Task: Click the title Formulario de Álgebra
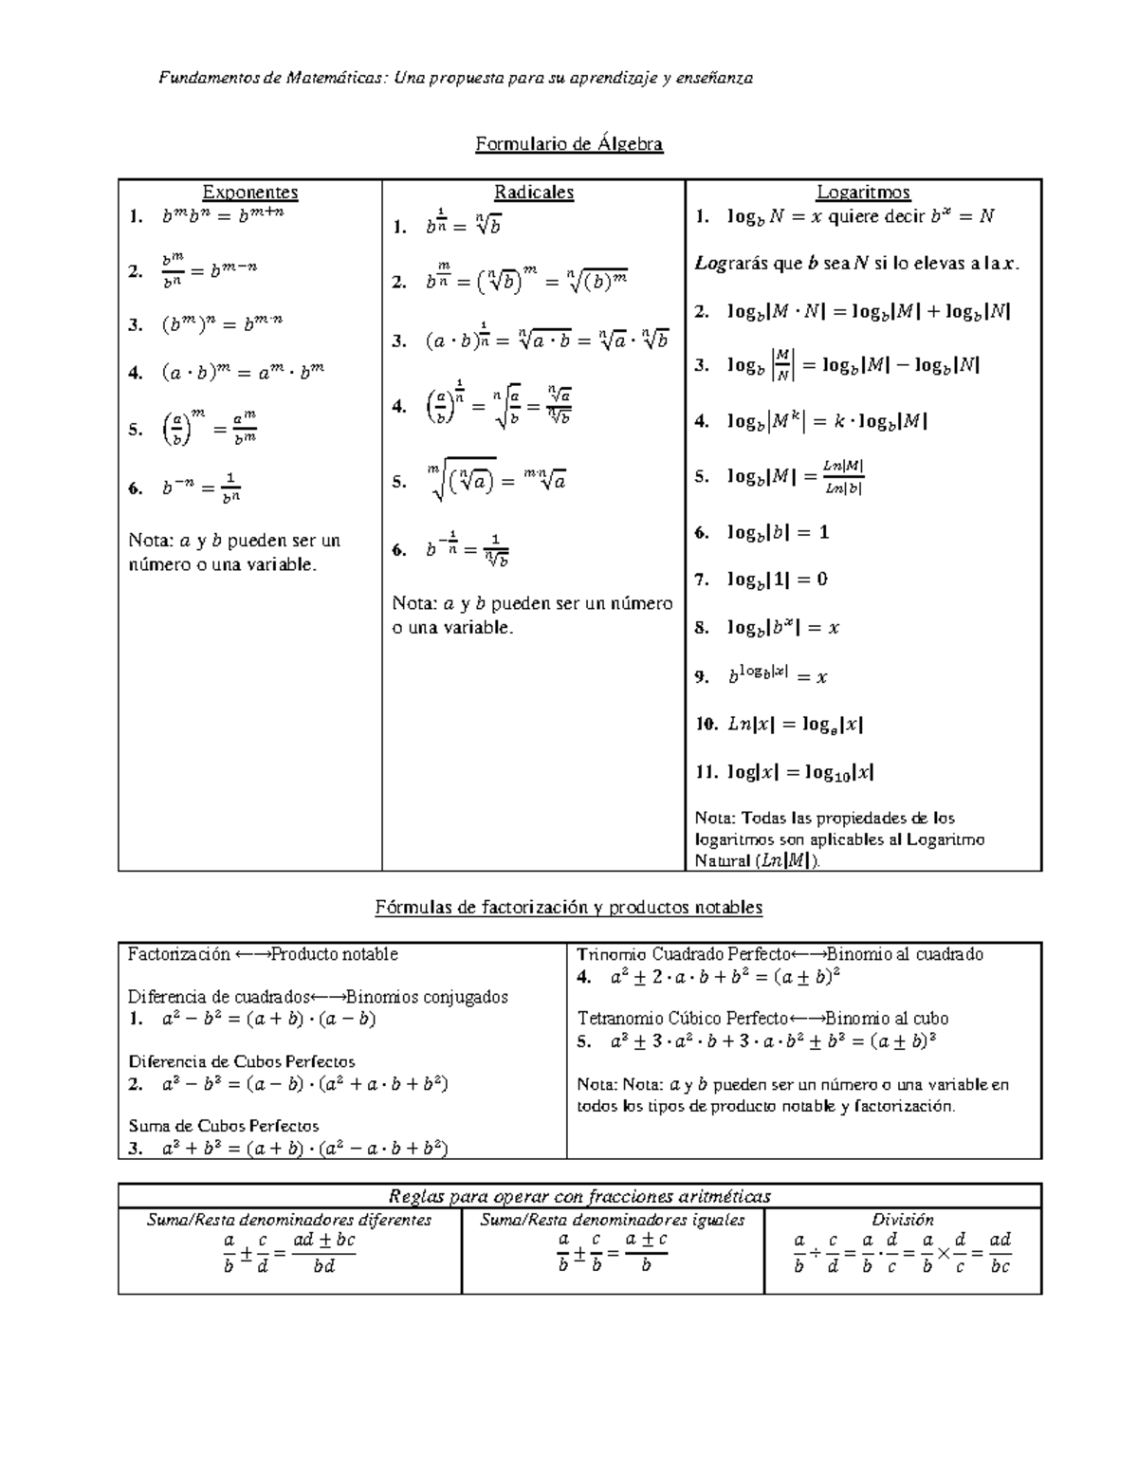[x=568, y=144]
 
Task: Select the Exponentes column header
[x=250, y=193]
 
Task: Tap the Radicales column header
[x=534, y=193]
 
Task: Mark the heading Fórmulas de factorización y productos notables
[x=568, y=908]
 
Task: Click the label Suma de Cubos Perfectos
[x=224, y=1126]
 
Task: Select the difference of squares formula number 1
[x=269, y=1020]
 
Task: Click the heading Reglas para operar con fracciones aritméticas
[x=579, y=1196]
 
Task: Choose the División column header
[x=903, y=1220]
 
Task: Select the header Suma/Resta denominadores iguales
[x=613, y=1220]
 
